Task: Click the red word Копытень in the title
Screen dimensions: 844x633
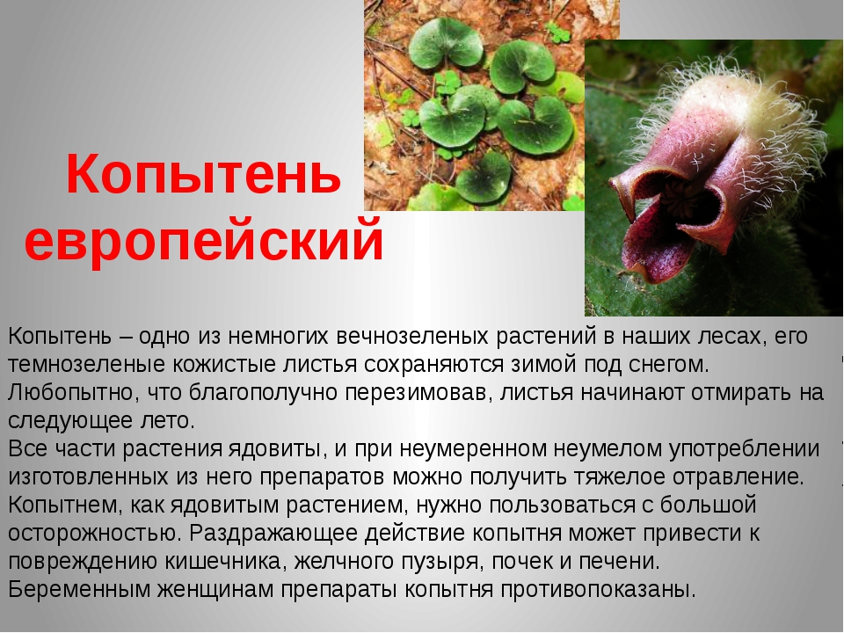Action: [203, 173]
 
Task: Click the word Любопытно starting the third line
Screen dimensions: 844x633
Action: [70, 393]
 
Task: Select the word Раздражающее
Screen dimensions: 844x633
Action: [274, 534]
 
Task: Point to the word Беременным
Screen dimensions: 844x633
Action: [79, 589]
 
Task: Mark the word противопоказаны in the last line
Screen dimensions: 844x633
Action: [598, 589]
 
